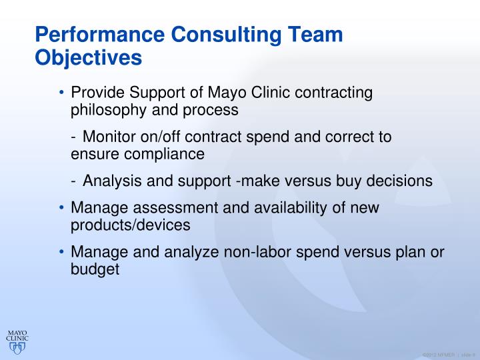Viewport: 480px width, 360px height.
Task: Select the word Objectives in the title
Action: click(x=88, y=57)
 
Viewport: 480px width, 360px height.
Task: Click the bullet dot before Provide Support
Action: click(x=61, y=93)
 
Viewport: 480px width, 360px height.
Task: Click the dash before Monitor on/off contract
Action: click(x=73, y=137)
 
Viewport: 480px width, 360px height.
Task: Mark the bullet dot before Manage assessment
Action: click(x=61, y=208)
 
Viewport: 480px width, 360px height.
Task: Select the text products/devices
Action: click(x=131, y=225)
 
